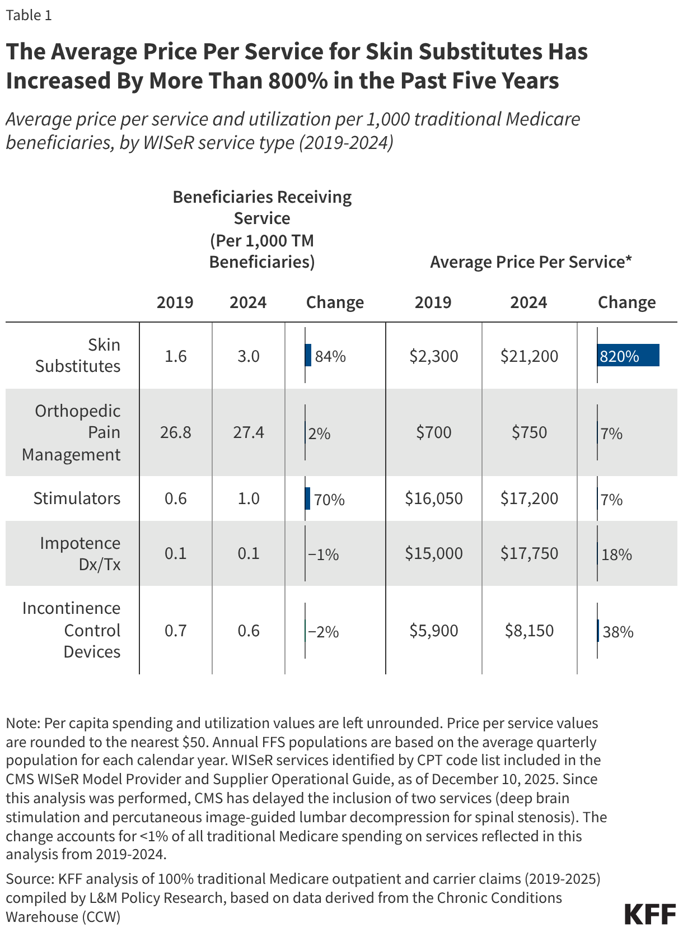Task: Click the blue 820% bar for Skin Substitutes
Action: click(x=628, y=356)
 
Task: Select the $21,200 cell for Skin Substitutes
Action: click(x=529, y=356)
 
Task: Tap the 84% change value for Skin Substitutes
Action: click(x=330, y=356)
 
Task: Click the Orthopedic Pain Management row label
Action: click(x=71, y=432)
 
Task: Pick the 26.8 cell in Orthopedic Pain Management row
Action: click(x=175, y=432)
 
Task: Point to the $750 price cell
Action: click(x=529, y=432)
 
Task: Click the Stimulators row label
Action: click(x=77, y=498)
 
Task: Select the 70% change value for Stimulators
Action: click(x=329, y=500)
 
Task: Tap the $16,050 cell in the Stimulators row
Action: click(x=434, y=498)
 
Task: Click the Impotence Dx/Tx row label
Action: click(x=80, y=553)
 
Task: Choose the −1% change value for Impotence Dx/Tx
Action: click(x=324, y=554)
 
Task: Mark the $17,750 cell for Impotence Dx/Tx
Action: click(x=529, y=553)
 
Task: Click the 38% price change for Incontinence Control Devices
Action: click(x=618, y=632)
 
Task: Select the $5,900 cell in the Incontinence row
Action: click(x=434, y=631)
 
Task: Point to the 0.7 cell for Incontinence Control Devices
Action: click(x=175, y=631)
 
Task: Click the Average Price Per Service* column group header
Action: click(x=531, y=262)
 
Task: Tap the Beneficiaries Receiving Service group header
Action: click(x=262, y=229)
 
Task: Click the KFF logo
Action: click(x=650, y=914)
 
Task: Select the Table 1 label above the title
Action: click(x=29, y=15)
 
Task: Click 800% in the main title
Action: click(x=298, y=81)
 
